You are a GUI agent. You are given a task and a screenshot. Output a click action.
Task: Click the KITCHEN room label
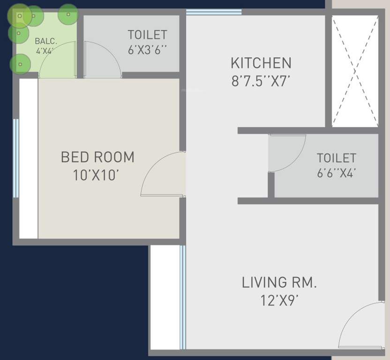point(261,63)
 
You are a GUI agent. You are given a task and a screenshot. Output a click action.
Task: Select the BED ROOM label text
point(97,157)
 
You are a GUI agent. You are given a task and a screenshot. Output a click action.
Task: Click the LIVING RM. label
point(279,283)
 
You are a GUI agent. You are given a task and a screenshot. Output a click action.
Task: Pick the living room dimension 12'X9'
point(279,300)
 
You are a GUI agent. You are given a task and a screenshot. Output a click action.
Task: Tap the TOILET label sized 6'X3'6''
point(147,35)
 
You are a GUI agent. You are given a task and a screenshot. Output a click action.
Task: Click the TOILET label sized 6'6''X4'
point(336,157)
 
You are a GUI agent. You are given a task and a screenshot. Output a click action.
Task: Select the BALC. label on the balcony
point(46,41)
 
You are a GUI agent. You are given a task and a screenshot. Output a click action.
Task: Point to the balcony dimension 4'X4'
point(46,51)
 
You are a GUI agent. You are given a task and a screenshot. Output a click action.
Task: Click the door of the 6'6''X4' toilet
point(287,153)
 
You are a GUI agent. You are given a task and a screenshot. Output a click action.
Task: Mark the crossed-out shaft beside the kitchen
point(355,71)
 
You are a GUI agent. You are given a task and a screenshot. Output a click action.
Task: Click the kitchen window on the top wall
point(214,12)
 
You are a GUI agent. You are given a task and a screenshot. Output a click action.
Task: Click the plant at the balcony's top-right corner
point(68,15)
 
